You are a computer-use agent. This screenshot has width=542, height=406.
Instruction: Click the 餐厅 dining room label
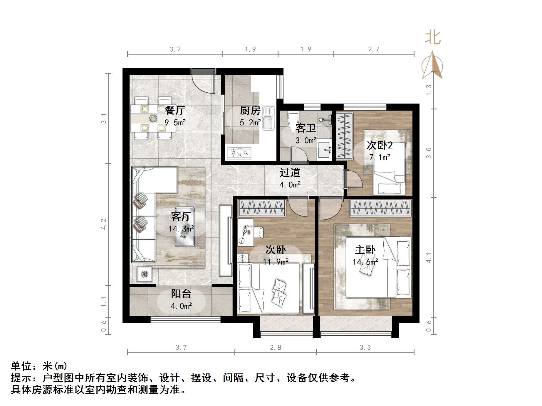tap(175, 110)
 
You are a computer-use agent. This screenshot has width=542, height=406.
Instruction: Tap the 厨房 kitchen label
tap(250, 110)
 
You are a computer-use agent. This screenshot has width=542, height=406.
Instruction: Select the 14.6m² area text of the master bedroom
tap(365, 262)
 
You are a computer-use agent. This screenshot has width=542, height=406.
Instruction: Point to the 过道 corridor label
tap(290, 172)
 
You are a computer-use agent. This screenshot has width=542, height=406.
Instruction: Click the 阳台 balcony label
tap(181, 294)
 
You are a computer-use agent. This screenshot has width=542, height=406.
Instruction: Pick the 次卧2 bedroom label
tap(380, 145)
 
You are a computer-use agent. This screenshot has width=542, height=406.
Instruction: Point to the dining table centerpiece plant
tap(153, 118)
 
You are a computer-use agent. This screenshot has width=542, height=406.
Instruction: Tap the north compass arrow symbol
tap(432, 65)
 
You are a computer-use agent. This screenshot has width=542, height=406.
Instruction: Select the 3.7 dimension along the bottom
tap(181, 348)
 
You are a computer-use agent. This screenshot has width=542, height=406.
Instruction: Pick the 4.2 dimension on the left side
tap(103, 224)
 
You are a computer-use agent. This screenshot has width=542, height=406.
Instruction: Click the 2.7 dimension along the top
tap(374, 49)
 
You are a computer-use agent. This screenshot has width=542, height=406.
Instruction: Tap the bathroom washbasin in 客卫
tap(324, 150)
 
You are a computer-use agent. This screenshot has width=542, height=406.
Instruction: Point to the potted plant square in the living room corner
tap(144, 274)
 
